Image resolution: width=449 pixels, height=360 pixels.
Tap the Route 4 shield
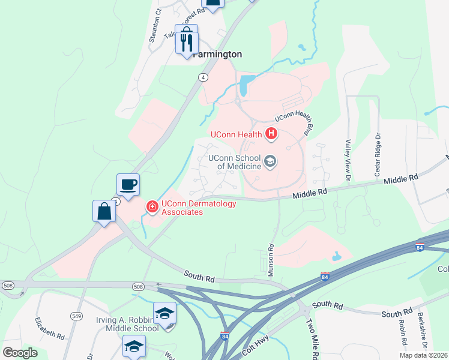tap(204, 77)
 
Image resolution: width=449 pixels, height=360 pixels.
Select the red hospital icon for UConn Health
tap(271, 134)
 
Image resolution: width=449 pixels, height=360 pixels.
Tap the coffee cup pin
tap(128, 184)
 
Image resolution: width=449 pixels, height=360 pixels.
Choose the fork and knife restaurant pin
tap(187, 41)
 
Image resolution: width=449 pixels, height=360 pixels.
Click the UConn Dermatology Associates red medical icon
tap(152, 208)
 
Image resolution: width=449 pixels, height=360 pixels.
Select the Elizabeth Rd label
tap(49, 328)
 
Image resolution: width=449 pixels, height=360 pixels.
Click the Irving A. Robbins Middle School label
tap(125, 324)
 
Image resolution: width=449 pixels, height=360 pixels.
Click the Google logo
tap(20, 352)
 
